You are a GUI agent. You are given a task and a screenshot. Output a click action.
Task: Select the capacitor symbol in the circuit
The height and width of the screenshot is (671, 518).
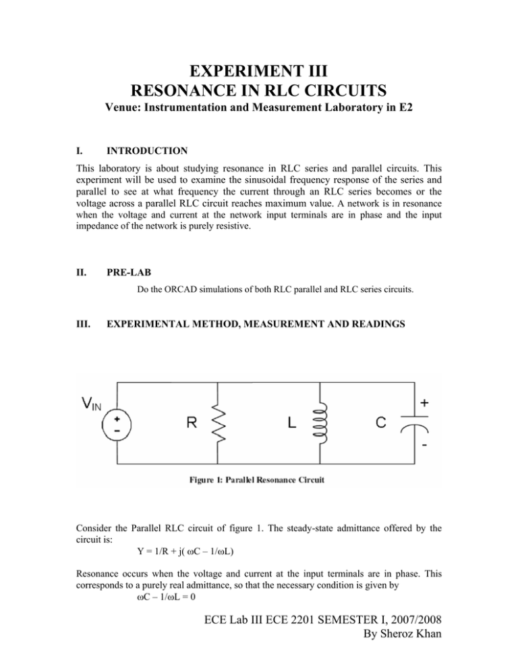tap(409, 427)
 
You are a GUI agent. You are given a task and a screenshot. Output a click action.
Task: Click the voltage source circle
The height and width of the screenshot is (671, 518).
tap(118, 427)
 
